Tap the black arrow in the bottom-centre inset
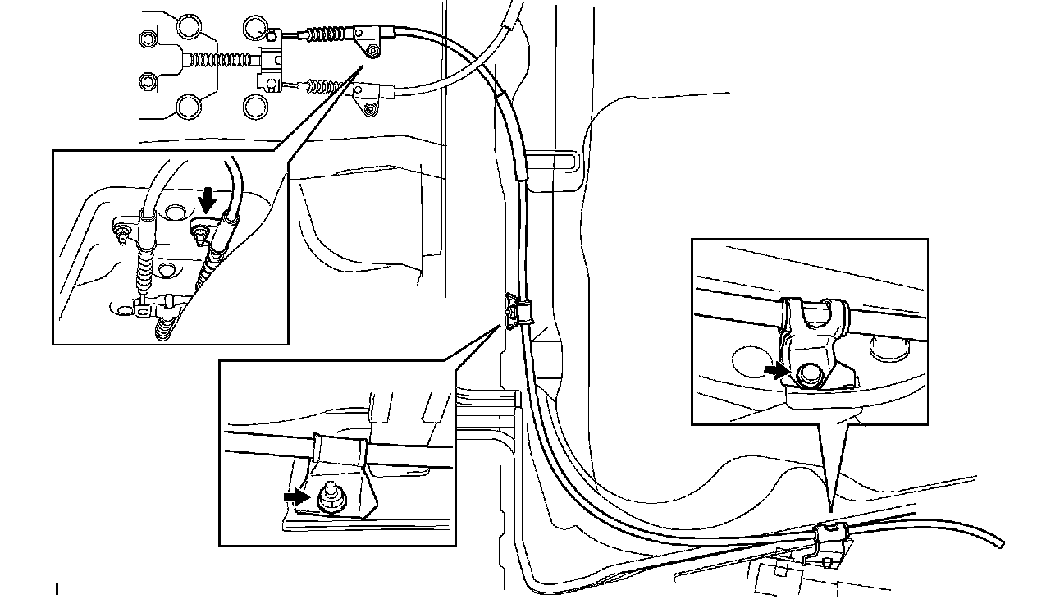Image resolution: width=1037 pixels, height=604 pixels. (x=293, y=496)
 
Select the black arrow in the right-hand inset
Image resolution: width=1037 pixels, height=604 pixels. (x=774, y=371)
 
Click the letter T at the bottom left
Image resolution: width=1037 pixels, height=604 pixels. (x=57, y=588)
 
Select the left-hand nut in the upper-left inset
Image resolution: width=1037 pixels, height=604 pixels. (x=122, y=235)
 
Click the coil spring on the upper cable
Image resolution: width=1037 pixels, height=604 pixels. (x=327, y=34)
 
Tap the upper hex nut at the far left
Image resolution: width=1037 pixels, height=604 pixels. (x=148, y=38)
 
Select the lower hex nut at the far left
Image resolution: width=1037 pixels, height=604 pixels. (x=148, y=80)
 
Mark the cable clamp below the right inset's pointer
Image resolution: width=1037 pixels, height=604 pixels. (x=830, y=542)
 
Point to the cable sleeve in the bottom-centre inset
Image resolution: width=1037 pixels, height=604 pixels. (x=338, y=451)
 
